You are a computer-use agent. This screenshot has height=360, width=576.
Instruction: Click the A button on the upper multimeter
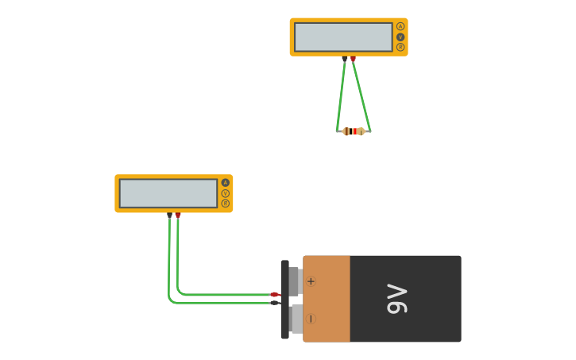400,26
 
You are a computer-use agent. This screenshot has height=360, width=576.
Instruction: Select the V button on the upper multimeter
400,37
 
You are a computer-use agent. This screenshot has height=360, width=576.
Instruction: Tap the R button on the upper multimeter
400,47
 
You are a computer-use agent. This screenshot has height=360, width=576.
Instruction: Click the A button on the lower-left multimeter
226,183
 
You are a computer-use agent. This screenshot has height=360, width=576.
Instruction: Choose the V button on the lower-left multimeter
226,193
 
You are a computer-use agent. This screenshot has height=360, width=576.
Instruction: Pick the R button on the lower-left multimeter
226,203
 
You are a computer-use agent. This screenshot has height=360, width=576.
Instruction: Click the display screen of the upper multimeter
343,37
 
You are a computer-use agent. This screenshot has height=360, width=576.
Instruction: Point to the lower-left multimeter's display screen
168,193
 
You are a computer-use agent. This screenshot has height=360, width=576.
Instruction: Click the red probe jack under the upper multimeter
353,59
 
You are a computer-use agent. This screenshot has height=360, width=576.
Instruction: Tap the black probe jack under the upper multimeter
344,59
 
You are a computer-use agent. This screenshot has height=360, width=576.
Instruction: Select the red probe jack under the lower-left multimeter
178,215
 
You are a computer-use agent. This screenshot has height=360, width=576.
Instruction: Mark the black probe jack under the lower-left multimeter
169,215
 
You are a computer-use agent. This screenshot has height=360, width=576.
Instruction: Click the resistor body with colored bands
354,131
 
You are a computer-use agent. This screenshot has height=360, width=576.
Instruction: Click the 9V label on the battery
397,299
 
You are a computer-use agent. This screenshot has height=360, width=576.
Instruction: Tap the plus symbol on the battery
311,281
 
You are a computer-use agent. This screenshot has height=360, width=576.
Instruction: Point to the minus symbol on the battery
311,319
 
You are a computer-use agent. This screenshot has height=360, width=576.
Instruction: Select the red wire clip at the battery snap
275,295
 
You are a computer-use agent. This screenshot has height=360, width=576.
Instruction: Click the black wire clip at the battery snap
275,303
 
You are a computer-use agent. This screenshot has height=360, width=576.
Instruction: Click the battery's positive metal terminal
294,281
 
